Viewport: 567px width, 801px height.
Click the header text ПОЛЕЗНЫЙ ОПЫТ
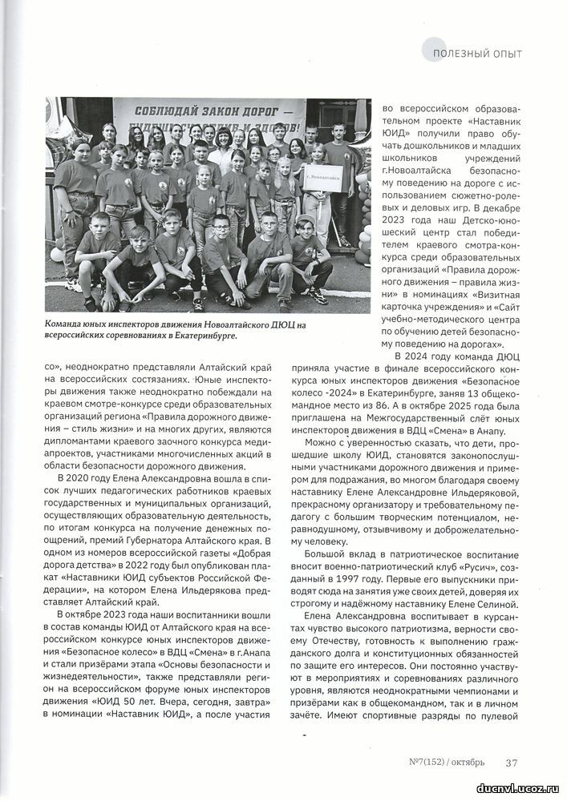[x=476, y=54]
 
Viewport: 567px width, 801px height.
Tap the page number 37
[x=511, y=762]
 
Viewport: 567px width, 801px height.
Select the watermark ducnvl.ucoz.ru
[x=519, y=788]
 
